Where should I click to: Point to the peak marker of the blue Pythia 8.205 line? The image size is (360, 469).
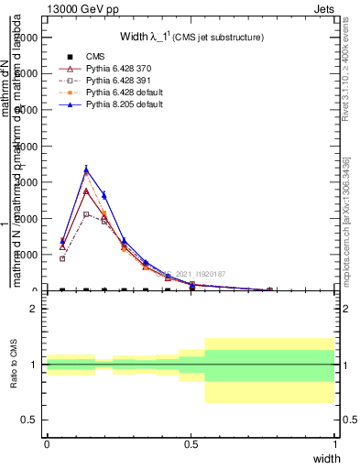(86, 169)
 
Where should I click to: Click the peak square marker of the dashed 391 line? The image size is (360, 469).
(86, 213)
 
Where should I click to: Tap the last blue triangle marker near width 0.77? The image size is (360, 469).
(269, 289)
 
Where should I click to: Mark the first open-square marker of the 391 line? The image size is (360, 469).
(62, 258)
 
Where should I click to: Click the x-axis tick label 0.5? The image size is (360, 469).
(191, 444)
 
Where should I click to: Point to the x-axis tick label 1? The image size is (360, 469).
(335, 444)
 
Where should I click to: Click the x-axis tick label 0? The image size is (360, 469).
(47, 444)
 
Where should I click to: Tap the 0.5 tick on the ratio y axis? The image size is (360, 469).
(28, 420)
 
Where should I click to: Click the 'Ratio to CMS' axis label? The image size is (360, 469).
(14, 364)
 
